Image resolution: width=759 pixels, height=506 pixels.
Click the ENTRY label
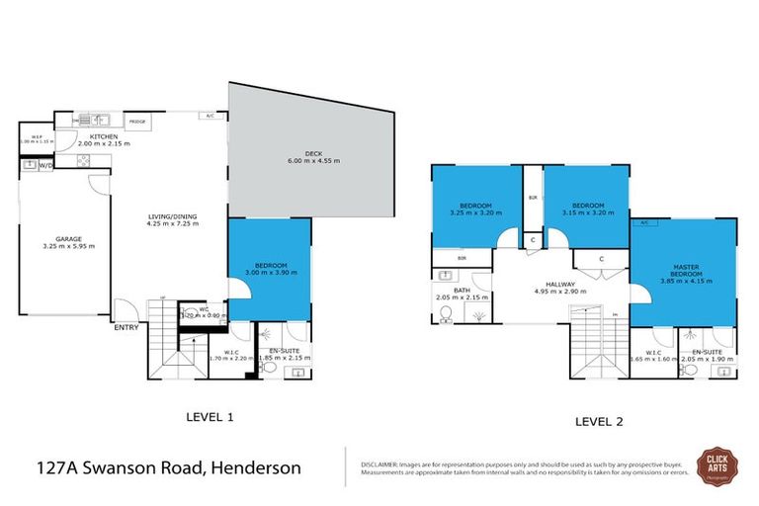point(126,327)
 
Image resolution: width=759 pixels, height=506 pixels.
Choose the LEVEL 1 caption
point(210,417)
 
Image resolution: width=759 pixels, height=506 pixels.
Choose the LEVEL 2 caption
point(599,421)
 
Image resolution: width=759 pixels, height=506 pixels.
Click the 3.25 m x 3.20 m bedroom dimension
point(470,212)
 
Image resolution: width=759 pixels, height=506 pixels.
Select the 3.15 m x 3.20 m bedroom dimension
point(585,212)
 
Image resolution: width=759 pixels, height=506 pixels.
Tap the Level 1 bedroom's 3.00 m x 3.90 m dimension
point(270,272)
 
